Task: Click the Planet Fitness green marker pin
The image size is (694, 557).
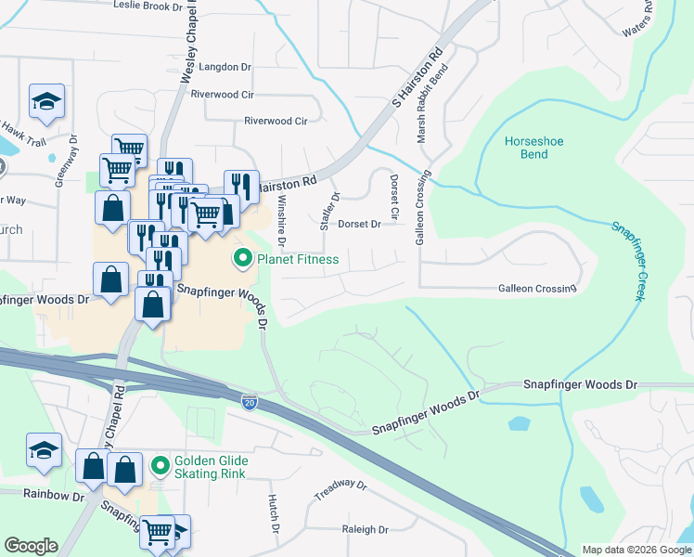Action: tap(244, 259)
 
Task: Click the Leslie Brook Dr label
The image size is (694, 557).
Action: tap(148, 6)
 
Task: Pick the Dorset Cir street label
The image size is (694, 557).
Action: tap(394, 197)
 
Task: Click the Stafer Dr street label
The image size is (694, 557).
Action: tap(326, 211)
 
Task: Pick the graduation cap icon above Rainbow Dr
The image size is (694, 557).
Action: tap(44, 450)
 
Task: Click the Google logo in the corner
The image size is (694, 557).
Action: tap(31, 546)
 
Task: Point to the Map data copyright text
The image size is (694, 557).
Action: tap(636, 550)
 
